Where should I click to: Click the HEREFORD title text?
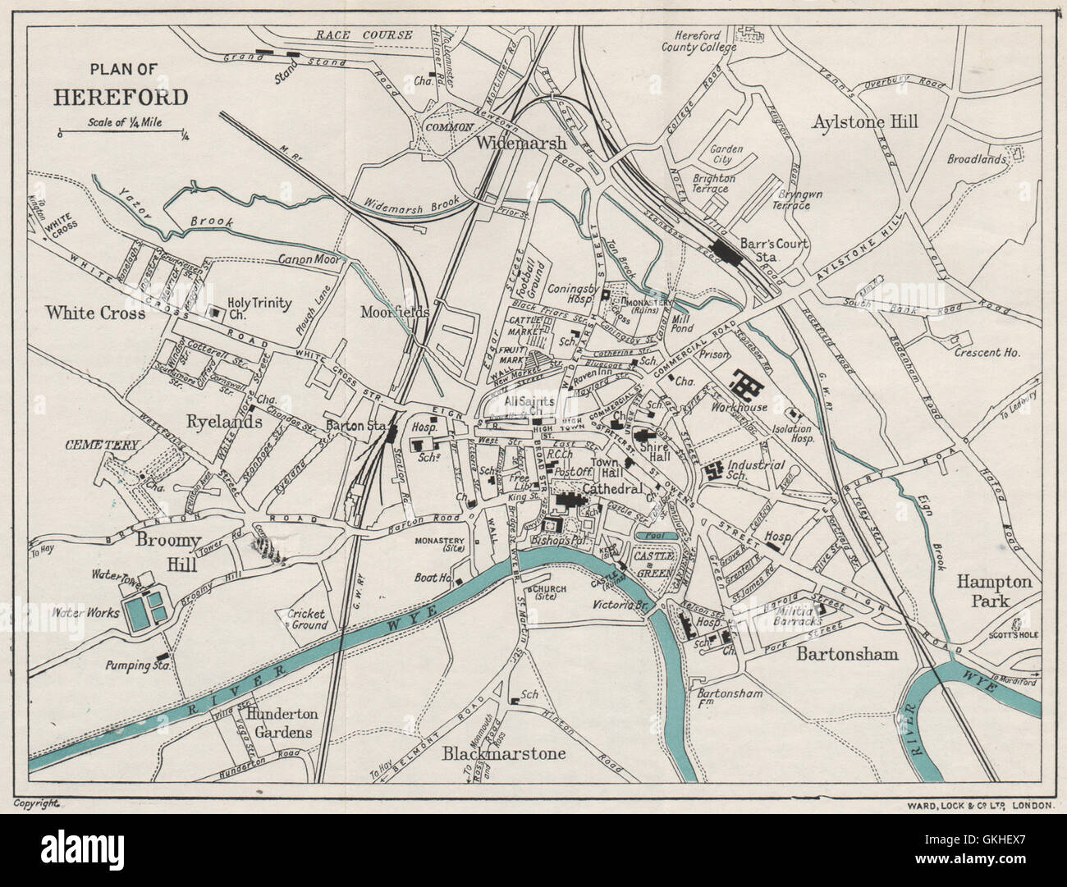coord(121,98)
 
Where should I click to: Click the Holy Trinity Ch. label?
coord(259,309)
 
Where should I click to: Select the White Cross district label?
coord(95,313)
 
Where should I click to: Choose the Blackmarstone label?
coord(504,752)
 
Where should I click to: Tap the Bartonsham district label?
coord(847,654)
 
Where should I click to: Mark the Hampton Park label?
coord(993,590)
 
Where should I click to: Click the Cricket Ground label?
coord(307,620)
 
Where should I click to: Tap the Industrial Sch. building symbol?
coord(711,471)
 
